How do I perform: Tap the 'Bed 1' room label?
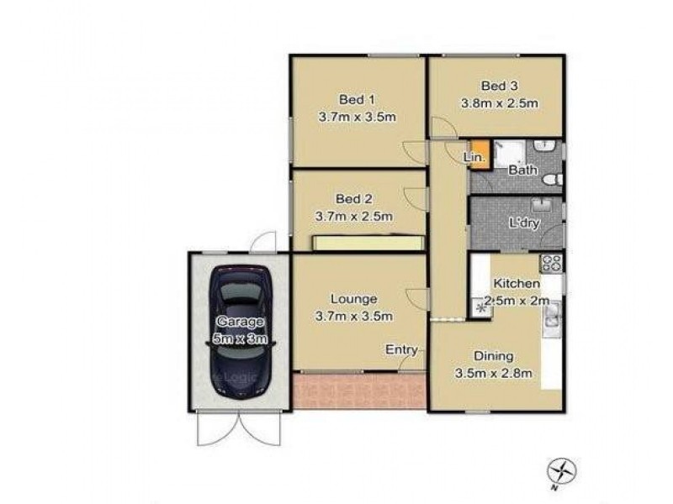coord(356,97)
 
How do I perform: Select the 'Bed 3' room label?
coord(499,86)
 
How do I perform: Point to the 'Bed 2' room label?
coord(353,199)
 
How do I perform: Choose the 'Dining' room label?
coord(493,356)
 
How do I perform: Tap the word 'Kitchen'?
coord(516,284)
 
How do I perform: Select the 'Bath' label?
coord(523,171)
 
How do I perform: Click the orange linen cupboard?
coord(478,155)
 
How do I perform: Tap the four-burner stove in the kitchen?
coord(553,263)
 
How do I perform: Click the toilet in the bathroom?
coord(550,179)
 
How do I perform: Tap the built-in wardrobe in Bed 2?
coord(367,244)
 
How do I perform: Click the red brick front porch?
coord(360,391)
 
